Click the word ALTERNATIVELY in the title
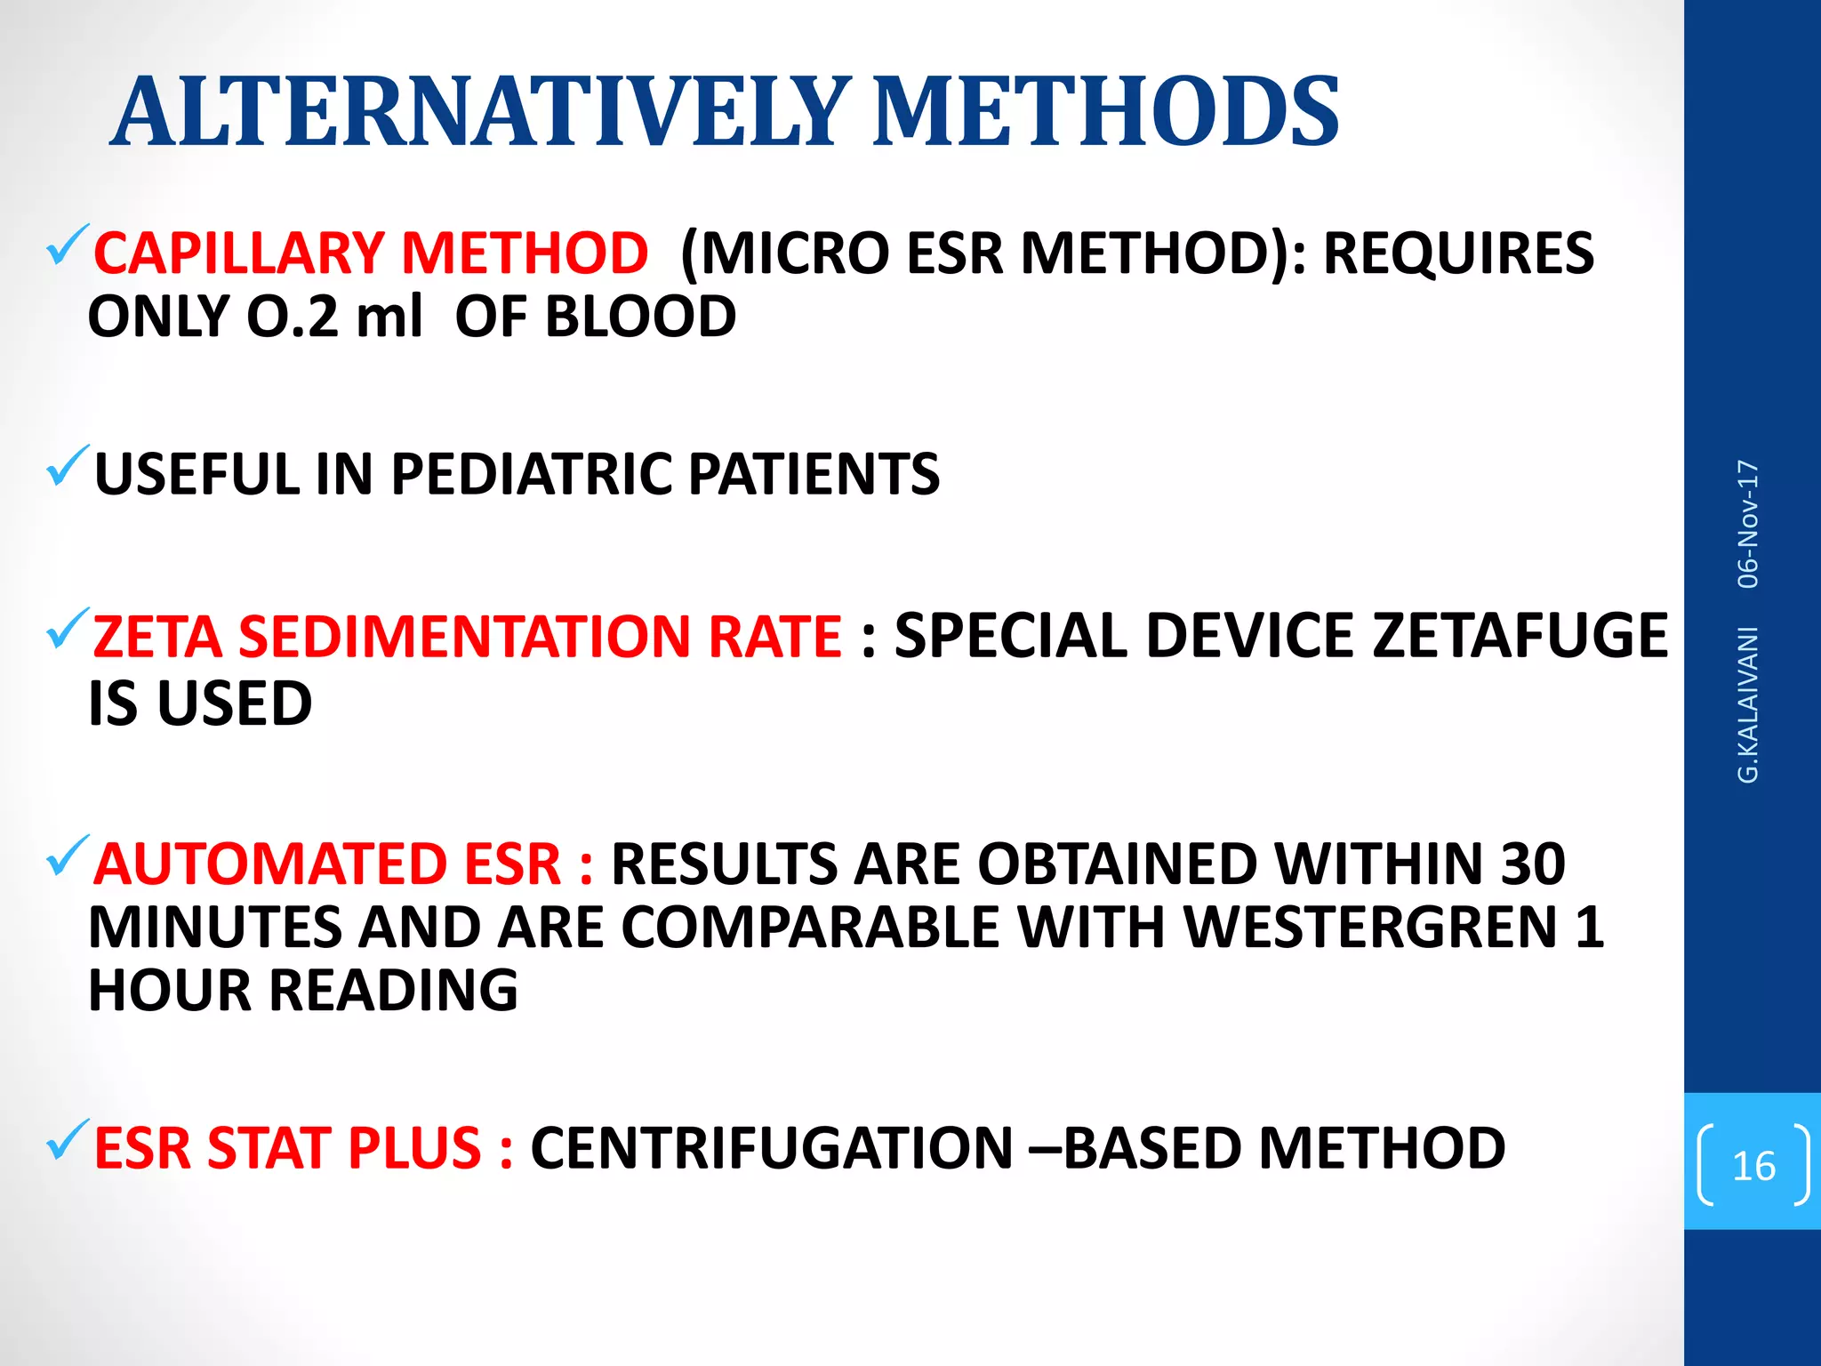point(480,112)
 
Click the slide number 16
point(1753,1166)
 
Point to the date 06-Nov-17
point(1748,524)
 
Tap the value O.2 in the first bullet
point(293,317)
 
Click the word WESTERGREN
point(1370,928)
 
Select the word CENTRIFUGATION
point(771,1148)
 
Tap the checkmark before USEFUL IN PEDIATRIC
point(67,467)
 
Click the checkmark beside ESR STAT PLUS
point(67,1141)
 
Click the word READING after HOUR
point(393,992)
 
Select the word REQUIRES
point(1458,253)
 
